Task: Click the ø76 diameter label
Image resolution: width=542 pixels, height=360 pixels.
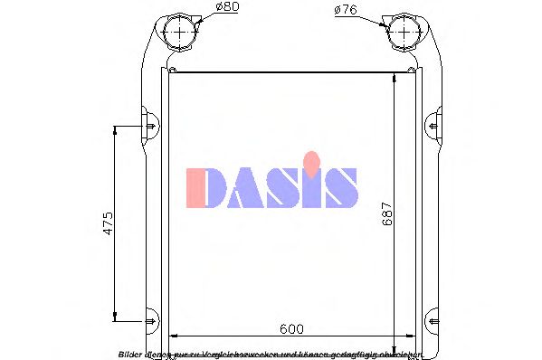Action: [347, 10]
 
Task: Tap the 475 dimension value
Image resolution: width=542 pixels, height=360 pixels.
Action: [108, 223]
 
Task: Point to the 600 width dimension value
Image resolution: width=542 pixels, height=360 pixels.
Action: [291, 329]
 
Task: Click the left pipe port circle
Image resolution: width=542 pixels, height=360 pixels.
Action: [181, 33]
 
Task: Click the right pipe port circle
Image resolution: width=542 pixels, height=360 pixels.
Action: [401, 33]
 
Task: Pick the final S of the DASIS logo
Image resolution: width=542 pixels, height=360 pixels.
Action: [340, 187]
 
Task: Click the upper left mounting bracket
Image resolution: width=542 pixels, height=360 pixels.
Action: [148, 120]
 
